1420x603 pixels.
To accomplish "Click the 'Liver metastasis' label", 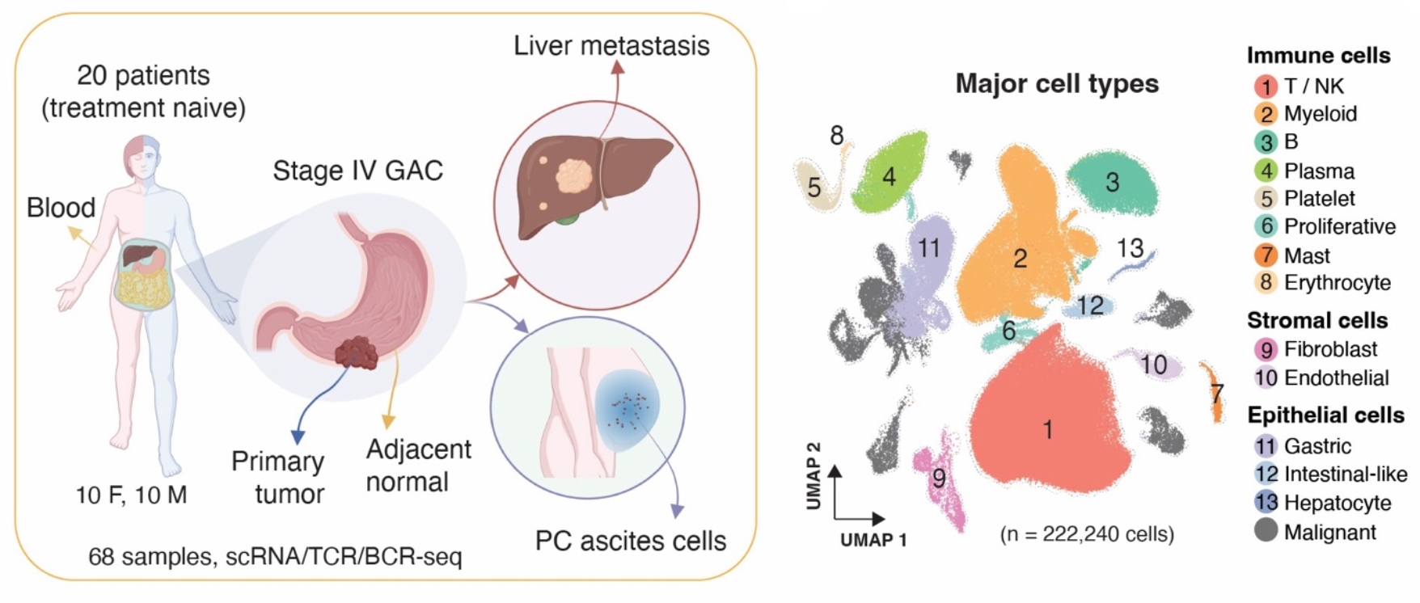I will point(611,45).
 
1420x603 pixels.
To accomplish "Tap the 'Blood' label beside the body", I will point(61,208).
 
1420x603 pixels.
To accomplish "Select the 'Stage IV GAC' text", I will point(357,171).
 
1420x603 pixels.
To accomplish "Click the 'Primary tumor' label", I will point(279,477).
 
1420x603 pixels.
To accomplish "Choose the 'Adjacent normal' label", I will point(417,466).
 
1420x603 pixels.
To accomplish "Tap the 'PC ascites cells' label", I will point(631,540).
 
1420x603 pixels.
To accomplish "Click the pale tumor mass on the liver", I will point(576,175).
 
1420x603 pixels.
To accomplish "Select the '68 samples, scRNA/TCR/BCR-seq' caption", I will point(275,556).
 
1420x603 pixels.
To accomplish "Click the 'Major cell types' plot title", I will point(1057,83).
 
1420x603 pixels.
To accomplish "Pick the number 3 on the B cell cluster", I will point(1112,183).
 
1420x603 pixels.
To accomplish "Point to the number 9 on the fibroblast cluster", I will point(939,479).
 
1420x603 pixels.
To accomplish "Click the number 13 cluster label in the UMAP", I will point(1130,248).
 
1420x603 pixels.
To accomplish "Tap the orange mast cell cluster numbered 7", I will point(1213,394).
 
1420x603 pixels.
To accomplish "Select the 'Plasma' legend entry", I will point(1318,171).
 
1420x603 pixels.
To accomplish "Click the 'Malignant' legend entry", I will point(1329,532).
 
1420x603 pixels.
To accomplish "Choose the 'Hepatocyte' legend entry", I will point(1337,503).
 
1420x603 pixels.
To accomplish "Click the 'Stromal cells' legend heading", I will point(1316,320).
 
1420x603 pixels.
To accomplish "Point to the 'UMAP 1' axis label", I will point(873,540).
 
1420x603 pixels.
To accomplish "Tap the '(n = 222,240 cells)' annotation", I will point(1087,534).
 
